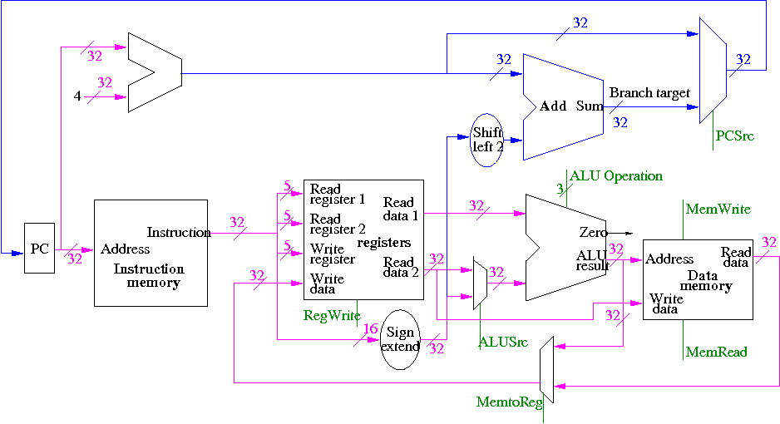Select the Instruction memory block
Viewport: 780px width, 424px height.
(151, 253)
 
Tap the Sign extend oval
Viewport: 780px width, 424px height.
(400, 339)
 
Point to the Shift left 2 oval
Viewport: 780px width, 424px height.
(487, 140)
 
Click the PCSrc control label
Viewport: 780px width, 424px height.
(734, 136)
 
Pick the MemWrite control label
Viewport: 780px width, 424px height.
(718, 210)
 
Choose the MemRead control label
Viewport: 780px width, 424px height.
(716, 352)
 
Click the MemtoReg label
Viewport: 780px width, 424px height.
(509, 402)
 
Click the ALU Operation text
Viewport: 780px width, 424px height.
(616, 176)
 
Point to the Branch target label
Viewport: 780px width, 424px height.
(649, 93)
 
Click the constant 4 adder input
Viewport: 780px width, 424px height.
(77, 96)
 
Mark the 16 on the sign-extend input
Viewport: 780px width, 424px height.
(370, 330)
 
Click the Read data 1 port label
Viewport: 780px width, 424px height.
(398, 207)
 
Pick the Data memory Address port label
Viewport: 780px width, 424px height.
(669, 259)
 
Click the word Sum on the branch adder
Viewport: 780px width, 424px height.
(590, 106)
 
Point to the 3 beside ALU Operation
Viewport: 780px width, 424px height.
(559, 190)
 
